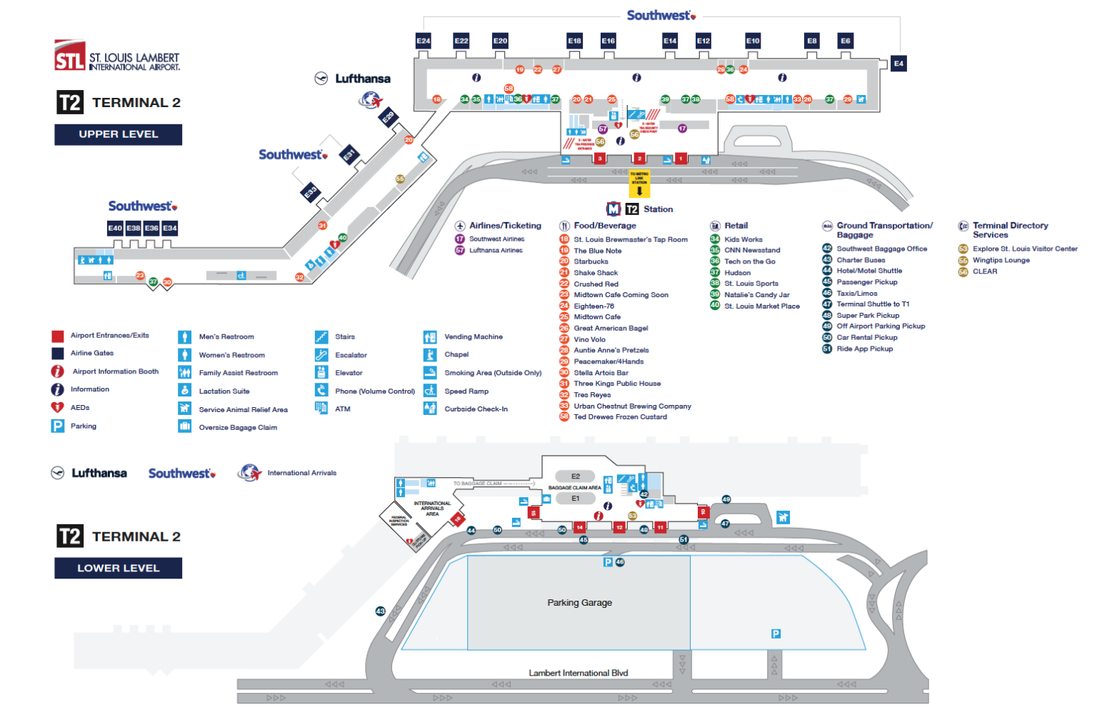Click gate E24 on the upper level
(424, 41)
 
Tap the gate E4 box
(898, 64)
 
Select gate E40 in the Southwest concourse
(115, 228)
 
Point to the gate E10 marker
(753, 41)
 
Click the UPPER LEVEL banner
(119, 134)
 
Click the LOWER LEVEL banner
(119, 569)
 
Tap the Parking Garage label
(579, 603)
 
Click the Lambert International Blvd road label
(578, 673)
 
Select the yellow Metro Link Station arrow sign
(639, 185)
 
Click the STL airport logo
(70, 56)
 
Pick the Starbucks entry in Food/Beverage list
(591, 261)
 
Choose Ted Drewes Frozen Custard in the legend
(620, 417)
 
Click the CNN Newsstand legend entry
(751, 251)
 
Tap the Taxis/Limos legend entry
(856, 294)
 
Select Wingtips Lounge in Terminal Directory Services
(1001, 260)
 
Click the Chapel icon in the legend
(430, 355)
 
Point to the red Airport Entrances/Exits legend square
(58, 336)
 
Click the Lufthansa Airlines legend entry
(496, 251)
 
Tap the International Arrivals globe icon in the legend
(250, 473)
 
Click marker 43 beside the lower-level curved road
(381, 611)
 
